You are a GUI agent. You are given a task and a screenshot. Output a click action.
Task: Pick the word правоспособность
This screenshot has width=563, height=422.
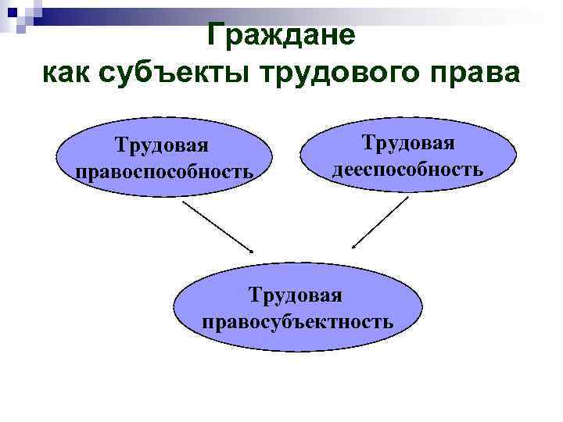(x=164, y=171)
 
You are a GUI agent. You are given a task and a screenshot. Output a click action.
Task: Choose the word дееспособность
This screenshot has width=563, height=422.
(x=407, y=169)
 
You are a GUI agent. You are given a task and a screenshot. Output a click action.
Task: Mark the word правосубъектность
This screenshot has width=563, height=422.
(x=297, y=321)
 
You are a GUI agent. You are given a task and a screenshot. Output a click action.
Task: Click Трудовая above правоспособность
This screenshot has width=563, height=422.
(x=163, y=145)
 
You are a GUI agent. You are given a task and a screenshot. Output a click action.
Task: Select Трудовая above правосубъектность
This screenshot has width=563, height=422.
(x=296, y=295)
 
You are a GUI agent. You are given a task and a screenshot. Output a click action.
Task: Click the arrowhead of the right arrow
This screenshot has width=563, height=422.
(x=354, y=246)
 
